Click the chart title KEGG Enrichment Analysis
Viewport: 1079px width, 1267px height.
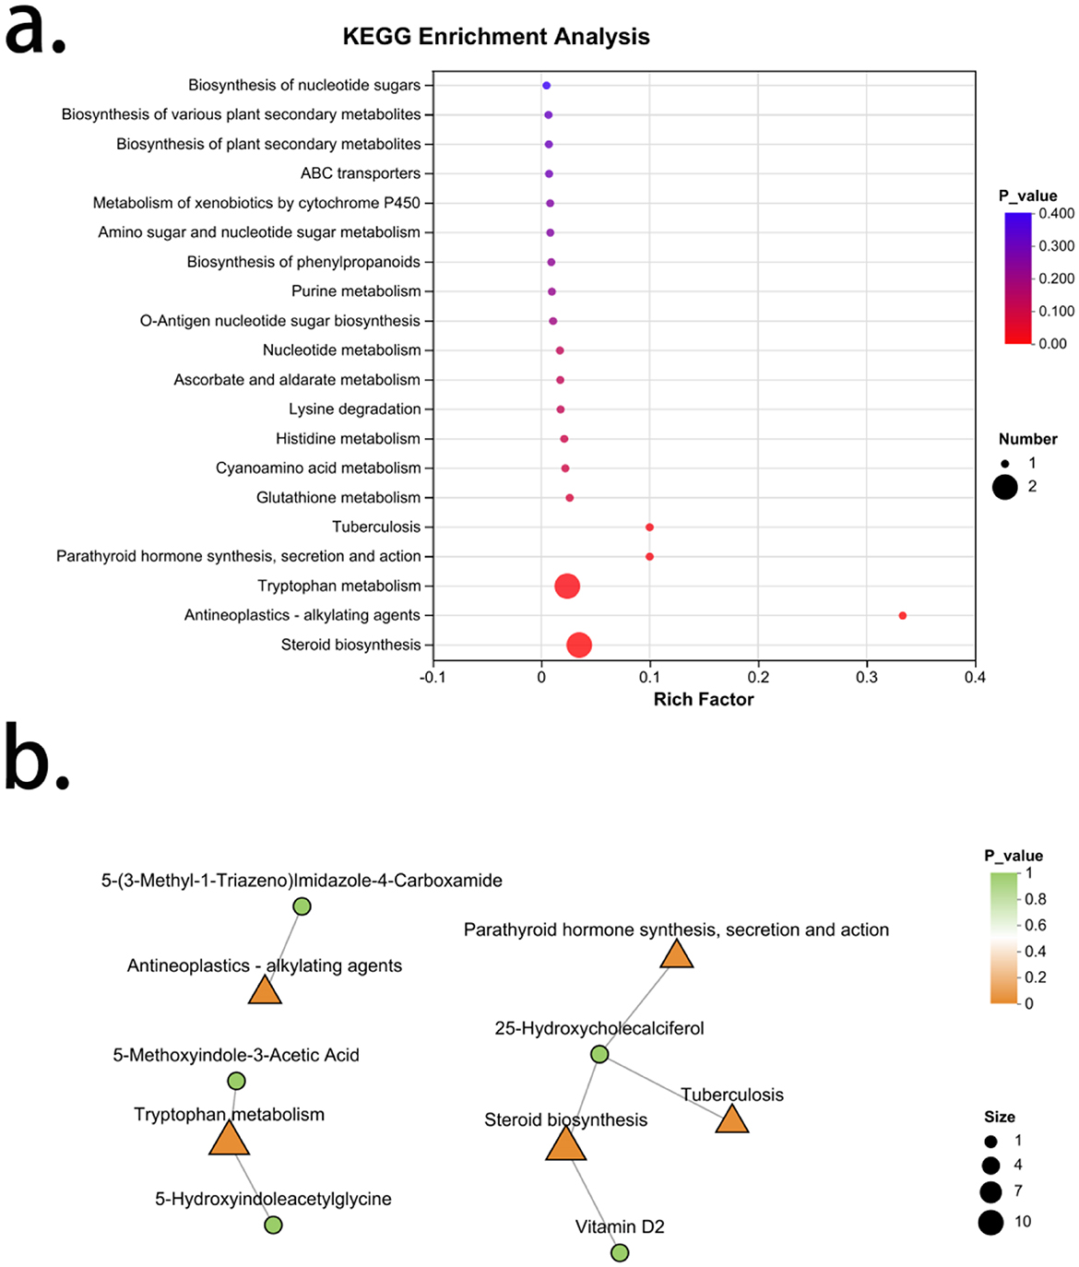click(496, 37)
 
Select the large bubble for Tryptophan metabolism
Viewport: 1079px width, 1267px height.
click(567, 586)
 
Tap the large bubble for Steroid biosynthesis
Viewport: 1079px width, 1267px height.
click(578, 645)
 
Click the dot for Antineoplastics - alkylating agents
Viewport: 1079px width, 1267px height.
click(903, 615)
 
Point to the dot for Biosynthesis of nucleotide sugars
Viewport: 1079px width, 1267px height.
click(546, 85)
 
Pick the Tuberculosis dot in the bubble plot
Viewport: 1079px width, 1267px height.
click(650, 527)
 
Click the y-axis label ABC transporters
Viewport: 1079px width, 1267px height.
click(360, 173)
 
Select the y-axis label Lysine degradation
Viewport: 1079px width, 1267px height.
click(355, 409)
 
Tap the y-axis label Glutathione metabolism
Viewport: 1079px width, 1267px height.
click(338, 497)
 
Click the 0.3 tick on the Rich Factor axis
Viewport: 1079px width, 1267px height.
click(867, 677)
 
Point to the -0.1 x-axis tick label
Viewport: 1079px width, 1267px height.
click(433, 677)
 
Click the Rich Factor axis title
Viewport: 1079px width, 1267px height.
click(704, 699)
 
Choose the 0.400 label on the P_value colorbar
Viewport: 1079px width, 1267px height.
click(1057, 213)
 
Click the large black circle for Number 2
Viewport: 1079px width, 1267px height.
click(1005, 487)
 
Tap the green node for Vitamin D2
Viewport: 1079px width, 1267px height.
click(620, 1252)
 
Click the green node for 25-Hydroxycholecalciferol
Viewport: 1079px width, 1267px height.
click(599, 1054)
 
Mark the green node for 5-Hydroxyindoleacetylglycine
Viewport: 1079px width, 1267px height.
click(273, 1225)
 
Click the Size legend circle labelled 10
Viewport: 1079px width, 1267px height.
click(990, 1223)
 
